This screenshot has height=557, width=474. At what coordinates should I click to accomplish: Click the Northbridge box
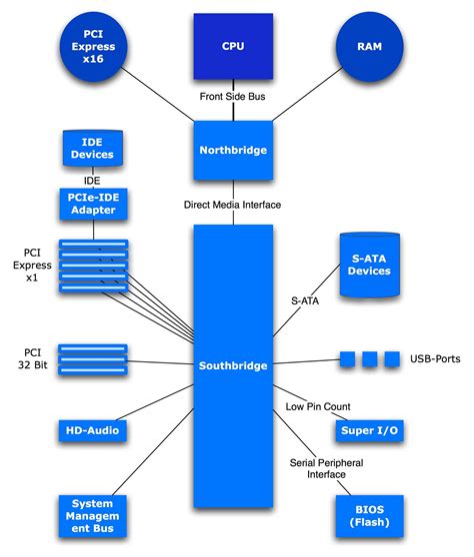233,151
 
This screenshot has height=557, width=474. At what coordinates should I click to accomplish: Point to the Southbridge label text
233,365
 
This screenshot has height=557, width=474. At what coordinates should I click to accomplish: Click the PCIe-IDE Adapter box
92,204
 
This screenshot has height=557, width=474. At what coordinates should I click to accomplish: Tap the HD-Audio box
92,430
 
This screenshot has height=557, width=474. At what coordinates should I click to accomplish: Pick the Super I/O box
369,430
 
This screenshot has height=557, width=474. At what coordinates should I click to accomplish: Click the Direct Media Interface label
233,205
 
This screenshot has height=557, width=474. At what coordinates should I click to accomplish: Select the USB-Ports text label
435,358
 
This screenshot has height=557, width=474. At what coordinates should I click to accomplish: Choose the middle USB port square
369,358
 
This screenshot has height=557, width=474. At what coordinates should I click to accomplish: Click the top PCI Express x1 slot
92,246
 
